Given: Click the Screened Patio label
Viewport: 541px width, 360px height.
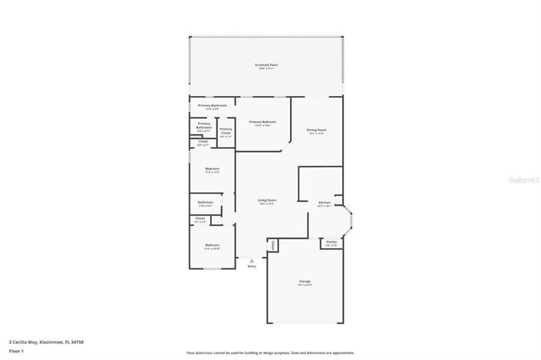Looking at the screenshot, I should point(266,65).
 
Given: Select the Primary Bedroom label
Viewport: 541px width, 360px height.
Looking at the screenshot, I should point(262,122).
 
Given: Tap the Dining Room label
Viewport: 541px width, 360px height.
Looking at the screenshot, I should point(316,130).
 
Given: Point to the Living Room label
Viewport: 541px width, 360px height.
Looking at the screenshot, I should point(266,200).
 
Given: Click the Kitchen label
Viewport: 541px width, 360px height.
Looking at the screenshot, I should point(325,203).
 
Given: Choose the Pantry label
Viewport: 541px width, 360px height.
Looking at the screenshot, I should point(331,242).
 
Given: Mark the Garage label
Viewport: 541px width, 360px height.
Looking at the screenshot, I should point(305,282).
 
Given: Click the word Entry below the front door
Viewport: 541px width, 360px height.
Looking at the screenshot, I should point(252,267).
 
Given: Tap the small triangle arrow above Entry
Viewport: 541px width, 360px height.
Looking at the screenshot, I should point(252,261).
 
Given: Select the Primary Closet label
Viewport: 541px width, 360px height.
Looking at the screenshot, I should point(226,130).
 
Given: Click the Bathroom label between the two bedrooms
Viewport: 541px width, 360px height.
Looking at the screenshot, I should point(205,203).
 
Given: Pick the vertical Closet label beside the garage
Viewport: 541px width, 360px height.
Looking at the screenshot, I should point(272,245).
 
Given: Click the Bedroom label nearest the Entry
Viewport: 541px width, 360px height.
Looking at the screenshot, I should point(212,246).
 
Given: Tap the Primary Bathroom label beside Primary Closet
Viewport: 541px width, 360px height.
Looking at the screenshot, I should point(204,125).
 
